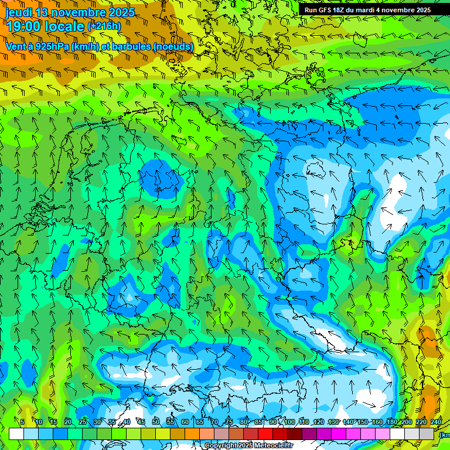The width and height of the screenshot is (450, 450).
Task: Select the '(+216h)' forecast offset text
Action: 104,26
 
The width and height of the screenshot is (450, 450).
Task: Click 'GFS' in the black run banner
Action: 325,10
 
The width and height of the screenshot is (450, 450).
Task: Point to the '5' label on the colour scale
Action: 22,422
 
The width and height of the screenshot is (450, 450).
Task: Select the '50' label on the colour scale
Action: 155,422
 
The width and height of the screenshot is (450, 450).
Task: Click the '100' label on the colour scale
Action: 289,422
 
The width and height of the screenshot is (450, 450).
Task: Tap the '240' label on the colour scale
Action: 435,422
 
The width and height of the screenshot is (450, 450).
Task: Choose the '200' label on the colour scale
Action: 406,422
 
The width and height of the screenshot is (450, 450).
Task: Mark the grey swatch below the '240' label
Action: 427,434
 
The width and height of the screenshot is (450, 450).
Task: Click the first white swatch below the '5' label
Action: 16,434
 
